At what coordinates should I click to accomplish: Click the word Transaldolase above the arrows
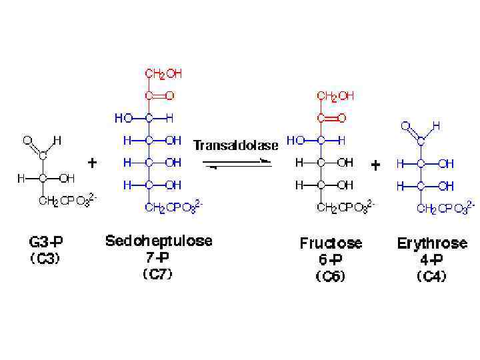[235, 145]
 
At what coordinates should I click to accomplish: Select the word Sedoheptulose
[159, 241]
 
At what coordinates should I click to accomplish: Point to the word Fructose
[331, 243]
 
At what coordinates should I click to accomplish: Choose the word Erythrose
[432, 243]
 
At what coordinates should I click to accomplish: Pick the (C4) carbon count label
[431, 275]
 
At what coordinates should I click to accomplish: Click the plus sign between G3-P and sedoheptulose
[93, 163]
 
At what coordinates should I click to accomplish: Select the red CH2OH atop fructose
[336, 96]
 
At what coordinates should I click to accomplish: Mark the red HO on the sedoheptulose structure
[123, 118]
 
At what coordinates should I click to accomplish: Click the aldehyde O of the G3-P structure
[27, 140]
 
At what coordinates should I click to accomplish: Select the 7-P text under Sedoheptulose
[157, 258]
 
